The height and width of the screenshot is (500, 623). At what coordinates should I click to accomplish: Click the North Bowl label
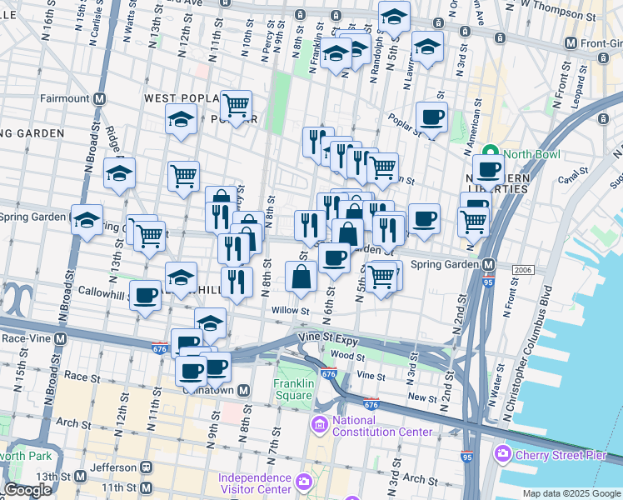(x=530, y=154)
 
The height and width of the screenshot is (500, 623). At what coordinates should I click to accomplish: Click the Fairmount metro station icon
(x=100, y=98)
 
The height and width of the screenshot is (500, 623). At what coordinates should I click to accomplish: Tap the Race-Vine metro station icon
(x=60, y=339)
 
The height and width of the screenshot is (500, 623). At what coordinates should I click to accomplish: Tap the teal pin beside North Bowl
(x=491, y=154)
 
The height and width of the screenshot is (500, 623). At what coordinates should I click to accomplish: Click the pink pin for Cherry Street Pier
(x=502, y=454)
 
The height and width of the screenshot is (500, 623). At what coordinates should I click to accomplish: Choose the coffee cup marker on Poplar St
(x=431, y=117)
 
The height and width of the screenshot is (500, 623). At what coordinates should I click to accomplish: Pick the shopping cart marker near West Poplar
(x=237, y=105)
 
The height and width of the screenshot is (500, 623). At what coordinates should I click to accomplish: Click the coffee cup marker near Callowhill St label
(x=146, y=295)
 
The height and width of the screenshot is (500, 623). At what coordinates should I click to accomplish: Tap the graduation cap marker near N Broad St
(x=87, y=219)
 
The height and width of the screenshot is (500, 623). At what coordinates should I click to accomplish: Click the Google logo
(x=27, y=490)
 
